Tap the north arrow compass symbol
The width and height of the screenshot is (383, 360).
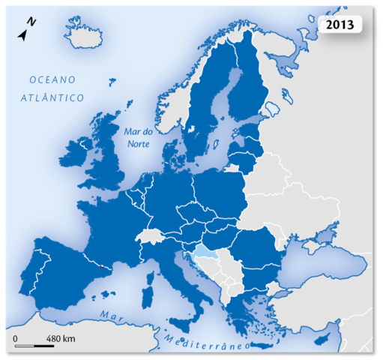(x=27, y=30)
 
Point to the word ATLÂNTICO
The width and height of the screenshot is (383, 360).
(x=52, y=97)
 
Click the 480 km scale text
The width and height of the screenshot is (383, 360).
(x=61, y=338)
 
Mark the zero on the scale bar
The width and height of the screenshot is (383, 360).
(x=16, y=338)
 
